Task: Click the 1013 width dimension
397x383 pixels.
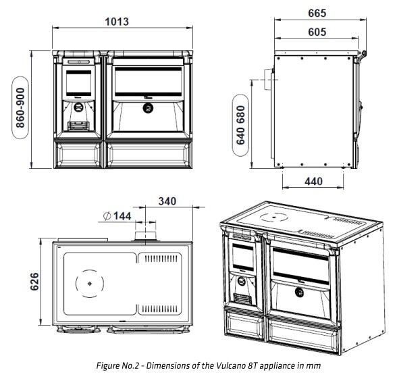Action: point(117,22)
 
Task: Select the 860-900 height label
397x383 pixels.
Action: point(20,107)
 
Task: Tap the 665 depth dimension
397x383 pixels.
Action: point(317,14)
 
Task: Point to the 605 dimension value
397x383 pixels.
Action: point(317,32)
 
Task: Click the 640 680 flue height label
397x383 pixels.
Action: point(240,125)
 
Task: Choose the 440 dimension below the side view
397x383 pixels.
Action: point(313,181)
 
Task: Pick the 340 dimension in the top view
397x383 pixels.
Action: point(167,201)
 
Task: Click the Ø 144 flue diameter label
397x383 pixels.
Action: point(117,216)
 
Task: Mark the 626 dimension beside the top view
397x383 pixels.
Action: point(34,282)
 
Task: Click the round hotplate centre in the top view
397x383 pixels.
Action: point(89,284)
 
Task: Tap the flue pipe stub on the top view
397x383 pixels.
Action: point(146,236)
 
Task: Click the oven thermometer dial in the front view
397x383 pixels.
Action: point(148,108)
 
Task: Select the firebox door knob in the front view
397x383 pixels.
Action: point(78,107)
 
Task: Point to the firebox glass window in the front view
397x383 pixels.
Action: point(78,83)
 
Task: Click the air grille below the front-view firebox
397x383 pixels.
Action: point(78,126)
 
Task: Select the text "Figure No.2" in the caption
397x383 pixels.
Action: point(117,365)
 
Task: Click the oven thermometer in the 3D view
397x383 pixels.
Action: point(300,292)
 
